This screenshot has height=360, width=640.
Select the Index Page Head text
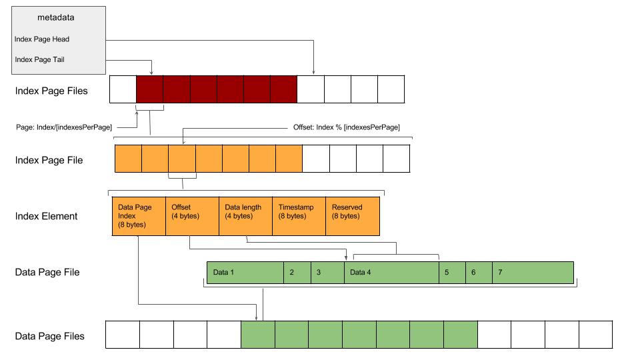(42, 39)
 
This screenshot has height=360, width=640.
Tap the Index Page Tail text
(39, 59)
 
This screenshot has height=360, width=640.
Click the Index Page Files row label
(51, 91)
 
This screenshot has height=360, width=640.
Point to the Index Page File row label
(49, 160)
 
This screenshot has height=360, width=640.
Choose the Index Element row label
(46, 216)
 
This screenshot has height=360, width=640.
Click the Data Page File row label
(47, 272)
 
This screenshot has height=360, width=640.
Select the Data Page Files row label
(50, 336)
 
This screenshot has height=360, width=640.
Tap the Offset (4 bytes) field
(192, 216)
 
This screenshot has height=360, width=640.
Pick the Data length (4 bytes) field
(245, 216)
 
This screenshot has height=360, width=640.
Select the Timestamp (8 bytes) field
(299, 216)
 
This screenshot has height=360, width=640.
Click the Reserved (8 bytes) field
(352, 216)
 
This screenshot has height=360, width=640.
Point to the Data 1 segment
(245, 273)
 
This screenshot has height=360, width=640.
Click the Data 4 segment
(391, 273)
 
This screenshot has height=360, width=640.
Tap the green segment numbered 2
(297, 273)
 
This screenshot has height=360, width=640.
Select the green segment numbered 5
(451, 273)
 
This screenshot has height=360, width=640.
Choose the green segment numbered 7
(532, 273)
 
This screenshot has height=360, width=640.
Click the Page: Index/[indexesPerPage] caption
(64, 127)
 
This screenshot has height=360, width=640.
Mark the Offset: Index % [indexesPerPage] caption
(346, 127)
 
